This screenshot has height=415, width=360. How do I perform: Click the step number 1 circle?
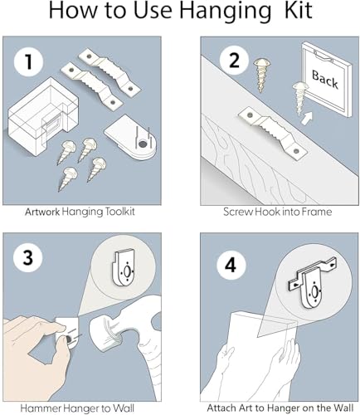click(x=29, y=61)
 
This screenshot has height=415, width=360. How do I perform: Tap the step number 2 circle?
click(x=234, y=60)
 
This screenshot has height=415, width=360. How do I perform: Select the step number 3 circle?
click(x=28, y=258)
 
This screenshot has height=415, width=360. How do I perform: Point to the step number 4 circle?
click(x=231, y=265)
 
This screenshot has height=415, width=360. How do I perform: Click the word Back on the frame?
click(x=325, y=79)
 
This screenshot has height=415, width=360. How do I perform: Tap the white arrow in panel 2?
click(x=307, y=118)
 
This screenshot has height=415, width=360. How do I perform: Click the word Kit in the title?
click(x=299, y=10)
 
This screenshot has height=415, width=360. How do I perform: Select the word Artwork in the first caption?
click(x=42, y=212)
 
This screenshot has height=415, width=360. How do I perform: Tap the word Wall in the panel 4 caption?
click(x=343, y=408)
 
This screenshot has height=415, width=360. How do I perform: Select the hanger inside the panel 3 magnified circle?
click(x=124, y=268)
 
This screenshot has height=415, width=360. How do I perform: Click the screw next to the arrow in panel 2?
click(x=299, y=97)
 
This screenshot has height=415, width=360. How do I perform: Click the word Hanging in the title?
click(x=226, y=11)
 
